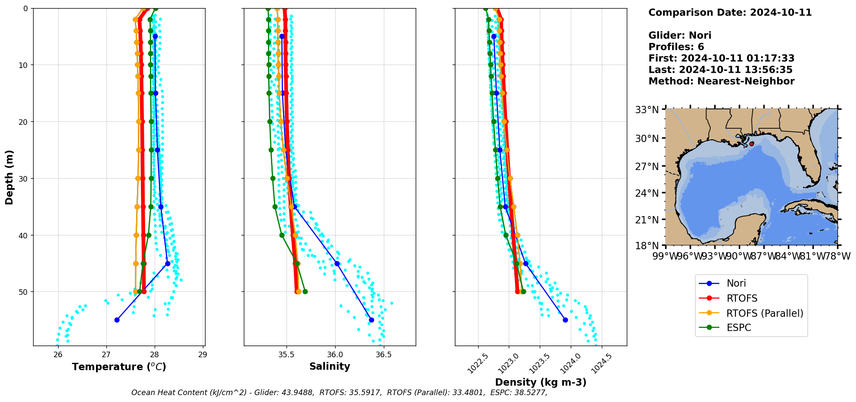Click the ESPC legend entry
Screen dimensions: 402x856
pyautogui.click(x=738, y=328)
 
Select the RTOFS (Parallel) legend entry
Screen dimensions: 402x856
pyautogui.click(x=765, y=313)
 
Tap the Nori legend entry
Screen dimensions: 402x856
pyautogui.click(x=736, y=283)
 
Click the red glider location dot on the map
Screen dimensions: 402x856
pyautogui.click(x=751, y=144)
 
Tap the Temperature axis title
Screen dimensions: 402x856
pyautogui.click(x=119, y=367)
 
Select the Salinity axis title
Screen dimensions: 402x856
pyautogui.click(x=330, y=366)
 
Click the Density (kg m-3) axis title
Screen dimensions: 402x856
pyautogui.click(x=541, y=382)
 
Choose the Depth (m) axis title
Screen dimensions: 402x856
pyautogui.click(x=9, y=177)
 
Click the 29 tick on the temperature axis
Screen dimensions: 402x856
pyautogui.click(x=202, y=355)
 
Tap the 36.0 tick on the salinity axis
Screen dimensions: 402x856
pyautogui.click(x=335, y=355)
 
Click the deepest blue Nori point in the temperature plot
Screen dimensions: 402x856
pyautogui.click(x=117, y=320)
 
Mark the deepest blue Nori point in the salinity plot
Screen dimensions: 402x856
pyautogui.click(x=371, y=320)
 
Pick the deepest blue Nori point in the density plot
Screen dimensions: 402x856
pyautogui.click(x=565, y=320)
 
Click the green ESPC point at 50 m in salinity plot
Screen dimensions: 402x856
pyautogui.click(x=305, y=292)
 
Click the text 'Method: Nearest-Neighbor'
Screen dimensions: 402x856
pyautogui.click(x=721, y=81)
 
